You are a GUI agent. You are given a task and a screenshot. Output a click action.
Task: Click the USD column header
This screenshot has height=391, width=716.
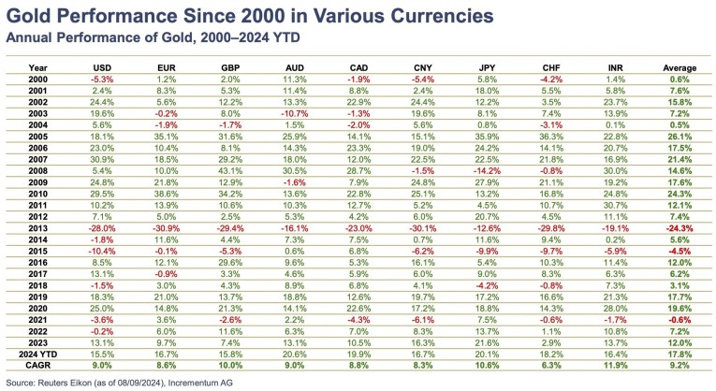104,67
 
